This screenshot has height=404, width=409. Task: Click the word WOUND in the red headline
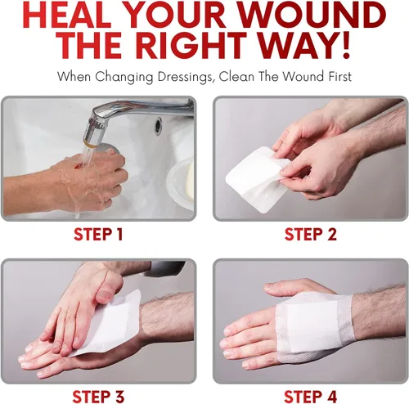point(312,15)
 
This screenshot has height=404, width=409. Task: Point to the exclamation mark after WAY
point(346,45)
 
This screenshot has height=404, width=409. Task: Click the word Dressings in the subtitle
point(185,77)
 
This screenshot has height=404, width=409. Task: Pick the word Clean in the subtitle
point(236,76)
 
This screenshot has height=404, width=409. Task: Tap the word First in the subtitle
point(340,76)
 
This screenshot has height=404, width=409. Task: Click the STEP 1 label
point(98,235)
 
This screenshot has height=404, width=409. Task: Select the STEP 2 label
point(311,235)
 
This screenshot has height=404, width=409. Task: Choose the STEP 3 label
point(98,397)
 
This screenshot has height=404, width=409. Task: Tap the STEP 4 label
point(311,397)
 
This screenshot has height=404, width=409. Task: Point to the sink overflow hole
point(158,125)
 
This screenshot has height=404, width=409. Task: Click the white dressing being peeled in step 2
point(255,178)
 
